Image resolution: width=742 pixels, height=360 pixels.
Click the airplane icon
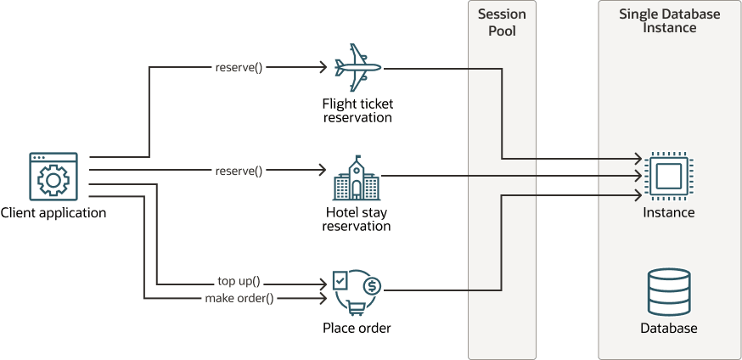357,67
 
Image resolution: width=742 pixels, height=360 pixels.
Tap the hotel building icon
357,177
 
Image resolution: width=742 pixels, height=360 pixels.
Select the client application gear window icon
53,177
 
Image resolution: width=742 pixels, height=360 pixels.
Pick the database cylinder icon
668,293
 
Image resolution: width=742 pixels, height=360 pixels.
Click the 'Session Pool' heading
502,23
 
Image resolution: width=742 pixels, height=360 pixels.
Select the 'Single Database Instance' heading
669,21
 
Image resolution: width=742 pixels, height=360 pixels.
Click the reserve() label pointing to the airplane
239,66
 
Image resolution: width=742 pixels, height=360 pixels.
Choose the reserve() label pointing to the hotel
239,171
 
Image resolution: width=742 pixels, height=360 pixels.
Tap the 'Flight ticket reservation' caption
357,110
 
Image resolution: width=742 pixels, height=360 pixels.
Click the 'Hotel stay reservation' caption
357,219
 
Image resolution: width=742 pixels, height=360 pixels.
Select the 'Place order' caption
357,328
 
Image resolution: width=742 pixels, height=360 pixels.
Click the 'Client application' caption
53,213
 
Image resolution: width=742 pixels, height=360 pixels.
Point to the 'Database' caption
669,328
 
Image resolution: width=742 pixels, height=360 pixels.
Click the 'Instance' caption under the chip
669,212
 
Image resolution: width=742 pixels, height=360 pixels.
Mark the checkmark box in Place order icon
340,279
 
